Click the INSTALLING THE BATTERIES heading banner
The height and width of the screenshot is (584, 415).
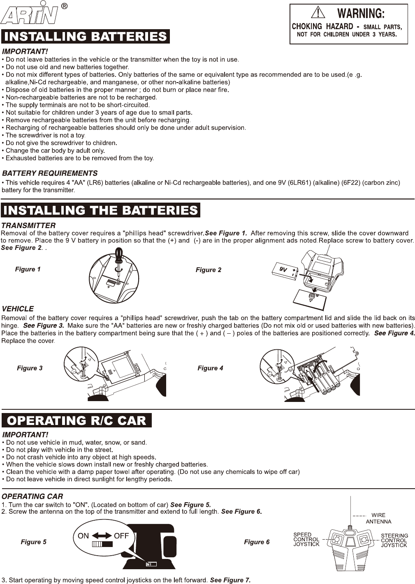pos(100,210)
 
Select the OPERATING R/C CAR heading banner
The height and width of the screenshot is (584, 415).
pos(77,420)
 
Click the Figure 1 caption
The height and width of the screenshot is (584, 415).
pos(28,269)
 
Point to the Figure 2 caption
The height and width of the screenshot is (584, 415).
pos(209,270)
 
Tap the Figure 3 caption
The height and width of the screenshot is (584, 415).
pos(30,368)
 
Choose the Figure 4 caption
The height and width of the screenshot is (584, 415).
pos(210,368)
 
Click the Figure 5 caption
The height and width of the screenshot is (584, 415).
pos(34,542)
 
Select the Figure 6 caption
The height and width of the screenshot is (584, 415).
pos(257,542)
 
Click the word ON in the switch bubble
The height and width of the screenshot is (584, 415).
pos(83,536)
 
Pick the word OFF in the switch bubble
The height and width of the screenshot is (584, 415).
pos(121,536)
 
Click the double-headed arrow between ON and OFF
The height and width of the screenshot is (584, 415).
pos(102,536)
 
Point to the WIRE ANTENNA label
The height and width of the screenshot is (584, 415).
pos(378,518)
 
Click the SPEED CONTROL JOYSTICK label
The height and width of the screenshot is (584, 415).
pos(306,539)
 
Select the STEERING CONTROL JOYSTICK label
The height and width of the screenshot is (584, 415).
pos(394,540)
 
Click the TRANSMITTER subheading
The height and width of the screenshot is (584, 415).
pos(29,226)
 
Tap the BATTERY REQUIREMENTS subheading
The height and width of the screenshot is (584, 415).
pos(50,173)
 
